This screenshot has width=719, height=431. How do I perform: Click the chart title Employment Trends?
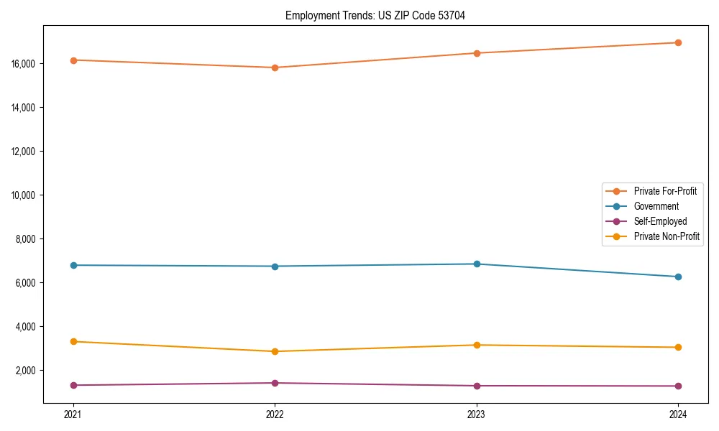tap(375, 15)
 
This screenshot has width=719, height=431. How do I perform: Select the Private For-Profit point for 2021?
tap(73, 60)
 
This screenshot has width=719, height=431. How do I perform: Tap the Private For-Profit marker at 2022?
tap(275, 68)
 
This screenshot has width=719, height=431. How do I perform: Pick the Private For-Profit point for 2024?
tap(678, 42)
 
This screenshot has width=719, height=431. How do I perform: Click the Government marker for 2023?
tap(477, 264)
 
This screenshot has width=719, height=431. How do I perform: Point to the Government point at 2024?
tap(678, 277)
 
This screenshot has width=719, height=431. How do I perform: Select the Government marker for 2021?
tap(73, 265)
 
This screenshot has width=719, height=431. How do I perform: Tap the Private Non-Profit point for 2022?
tap(275, 351)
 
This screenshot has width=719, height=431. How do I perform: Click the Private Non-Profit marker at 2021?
tap(73, 341)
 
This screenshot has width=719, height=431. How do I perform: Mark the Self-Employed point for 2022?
tap(275, 383)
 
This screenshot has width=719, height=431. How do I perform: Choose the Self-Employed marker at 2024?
tap(678, 386)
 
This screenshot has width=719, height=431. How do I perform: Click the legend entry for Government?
tap(656, 206)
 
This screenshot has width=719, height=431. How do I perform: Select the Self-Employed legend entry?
tap(660, 221)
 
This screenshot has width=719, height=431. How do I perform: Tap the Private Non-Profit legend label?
tap(667, 236)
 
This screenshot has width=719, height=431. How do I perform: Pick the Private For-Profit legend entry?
tap(665, 191)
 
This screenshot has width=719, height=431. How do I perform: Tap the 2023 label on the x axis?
tap(477, 414)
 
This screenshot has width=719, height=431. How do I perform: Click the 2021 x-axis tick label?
tap(73, 414)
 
